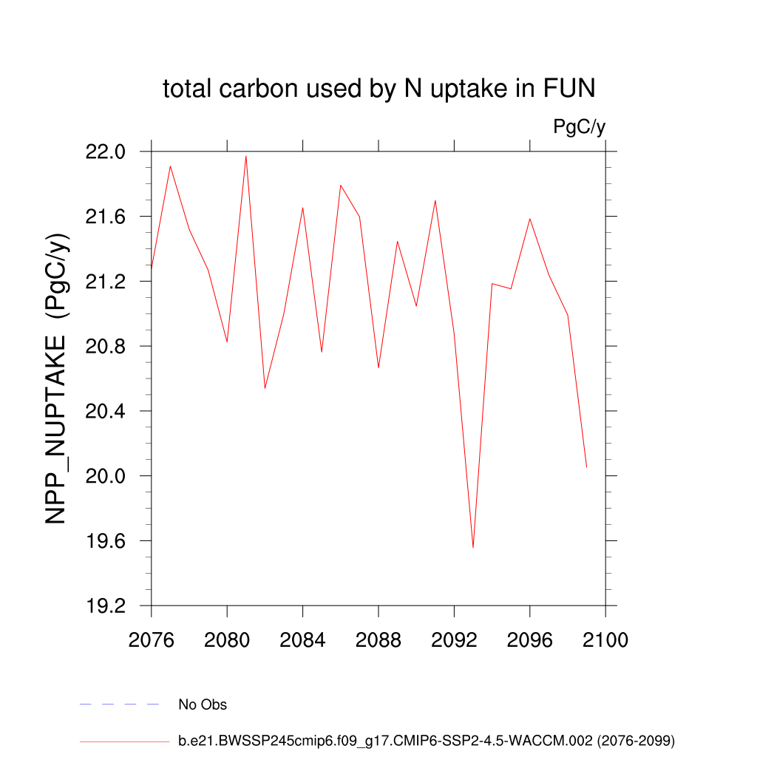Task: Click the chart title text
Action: pos(378,89)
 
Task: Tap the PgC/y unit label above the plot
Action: pos(579,127)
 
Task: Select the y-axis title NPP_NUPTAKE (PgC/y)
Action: pos(58,378)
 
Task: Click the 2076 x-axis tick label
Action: pos(152,640)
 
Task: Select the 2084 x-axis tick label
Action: pos(302,640)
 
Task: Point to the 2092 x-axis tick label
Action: pos(454,640)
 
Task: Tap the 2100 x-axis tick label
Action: pos(605,640)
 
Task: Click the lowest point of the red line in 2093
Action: pos(473,547)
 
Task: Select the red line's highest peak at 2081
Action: pos(246,156)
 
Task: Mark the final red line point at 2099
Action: pos(586,467)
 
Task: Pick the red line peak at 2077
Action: pos(170,166)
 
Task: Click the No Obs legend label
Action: pos(203,705)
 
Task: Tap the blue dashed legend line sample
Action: pos(119,705)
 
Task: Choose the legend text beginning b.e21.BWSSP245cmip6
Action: pos(427,740)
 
